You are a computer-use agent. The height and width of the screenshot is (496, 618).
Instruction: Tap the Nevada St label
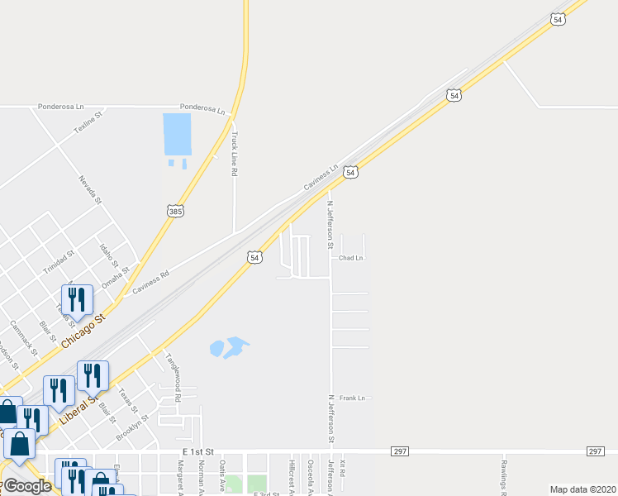(90, 189)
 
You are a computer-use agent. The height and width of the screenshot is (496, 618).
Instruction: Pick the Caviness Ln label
(322, 177)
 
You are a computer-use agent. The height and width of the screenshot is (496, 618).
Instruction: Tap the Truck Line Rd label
(235, 155)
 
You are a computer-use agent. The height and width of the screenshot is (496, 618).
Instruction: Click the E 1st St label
(198, 451)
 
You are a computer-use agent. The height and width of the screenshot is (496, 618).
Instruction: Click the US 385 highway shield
(175, 212)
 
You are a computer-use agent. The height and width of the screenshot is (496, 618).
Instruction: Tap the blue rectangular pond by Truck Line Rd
(178, 134)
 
